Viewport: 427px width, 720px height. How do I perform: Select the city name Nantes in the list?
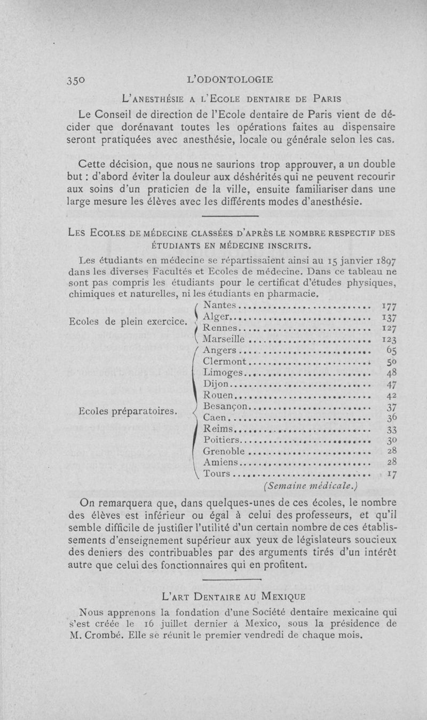tap(220, 305)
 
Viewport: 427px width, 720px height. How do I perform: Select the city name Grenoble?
tap(225, 451)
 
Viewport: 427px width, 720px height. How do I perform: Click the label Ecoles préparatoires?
tap(128, 411)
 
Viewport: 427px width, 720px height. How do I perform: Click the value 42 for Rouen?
tap(392, 395)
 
